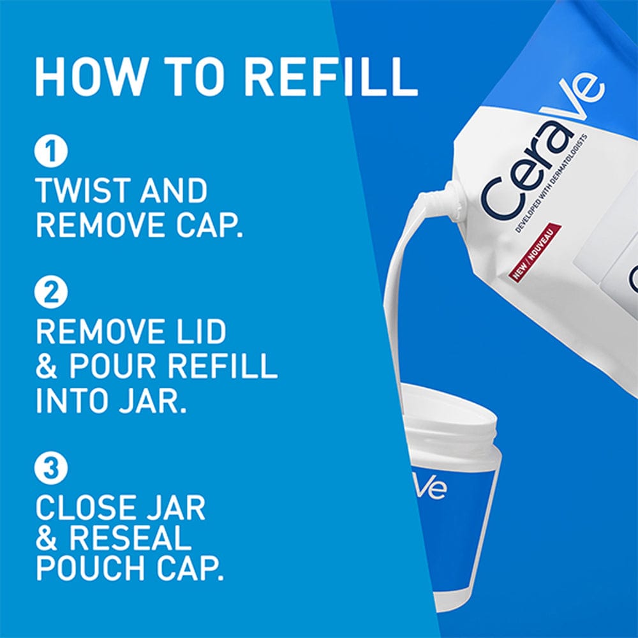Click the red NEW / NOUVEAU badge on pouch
coord(535,252)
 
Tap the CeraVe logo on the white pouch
coord(542,150)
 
